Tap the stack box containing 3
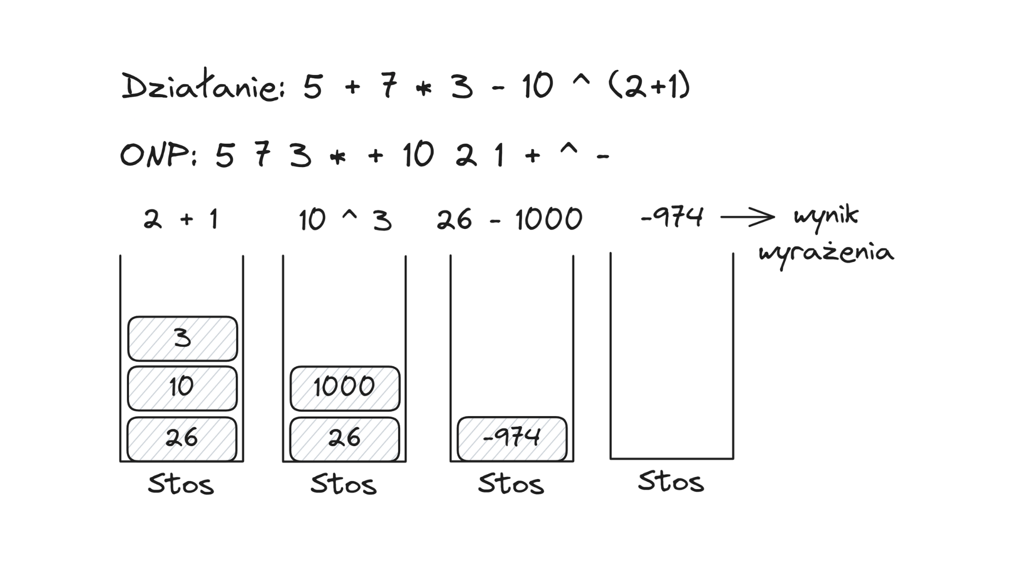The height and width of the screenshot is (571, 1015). [182, 338]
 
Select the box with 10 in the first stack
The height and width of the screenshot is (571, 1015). [182, 388]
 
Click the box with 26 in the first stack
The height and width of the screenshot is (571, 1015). [182, 439]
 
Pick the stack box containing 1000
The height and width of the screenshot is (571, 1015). [345, 388]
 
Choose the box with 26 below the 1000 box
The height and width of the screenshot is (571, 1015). [345, 439]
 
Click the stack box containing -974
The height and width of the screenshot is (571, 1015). [512, 438]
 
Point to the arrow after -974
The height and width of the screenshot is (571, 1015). [748, 217]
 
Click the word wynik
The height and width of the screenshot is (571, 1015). [826, 217]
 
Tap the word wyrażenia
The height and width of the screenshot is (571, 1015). [826, 254]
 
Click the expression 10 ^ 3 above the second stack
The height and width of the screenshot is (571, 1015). [345, 219]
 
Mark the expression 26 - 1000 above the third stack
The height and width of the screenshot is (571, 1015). [510, 219]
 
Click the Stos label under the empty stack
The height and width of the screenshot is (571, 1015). [671, 482]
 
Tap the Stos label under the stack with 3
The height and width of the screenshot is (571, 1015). [181, 484]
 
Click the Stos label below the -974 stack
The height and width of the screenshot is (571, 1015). [511, 484]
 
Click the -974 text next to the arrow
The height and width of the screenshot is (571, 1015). [672, 217]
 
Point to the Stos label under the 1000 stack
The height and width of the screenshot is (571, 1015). [344, 484]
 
